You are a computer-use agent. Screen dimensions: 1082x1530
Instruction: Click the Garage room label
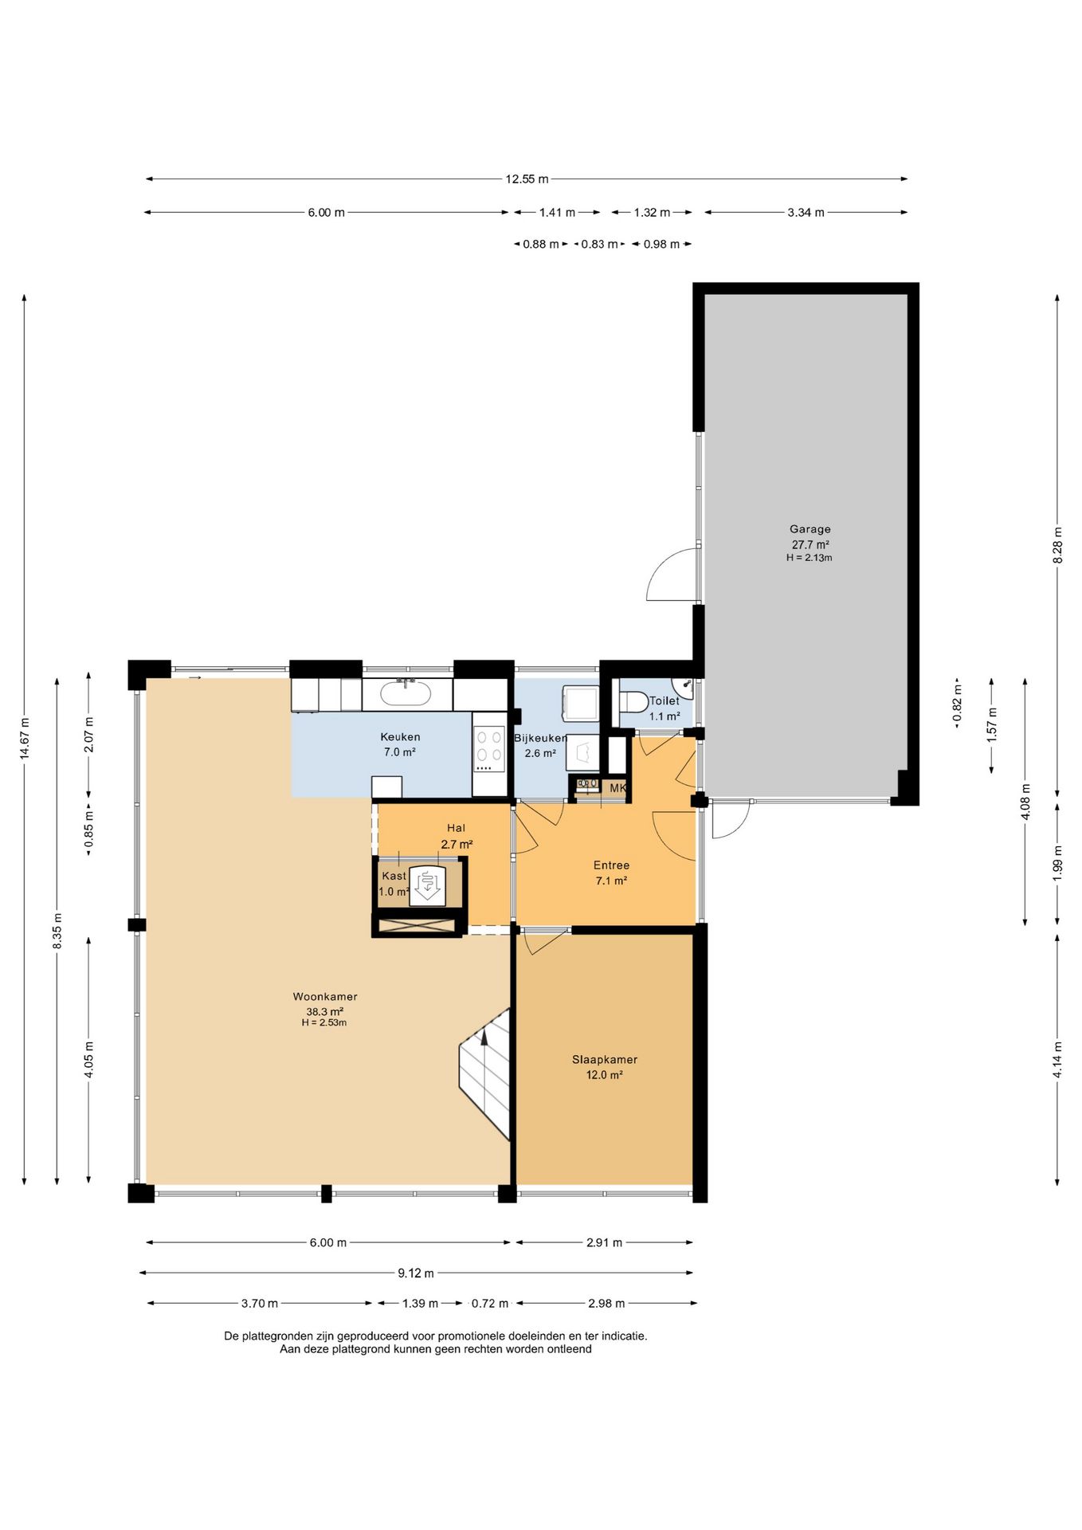(x=810, y=529)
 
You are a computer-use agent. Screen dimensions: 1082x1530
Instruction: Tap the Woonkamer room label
(x=325, y=997)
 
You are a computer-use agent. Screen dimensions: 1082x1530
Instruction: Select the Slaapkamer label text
(x=605, y=1060)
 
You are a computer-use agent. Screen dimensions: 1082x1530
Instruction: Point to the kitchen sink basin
(x=406, y=692)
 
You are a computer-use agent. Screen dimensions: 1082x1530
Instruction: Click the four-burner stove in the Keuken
(x=489, y=750)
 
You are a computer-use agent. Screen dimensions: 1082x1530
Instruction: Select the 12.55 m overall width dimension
(x=527, y=179)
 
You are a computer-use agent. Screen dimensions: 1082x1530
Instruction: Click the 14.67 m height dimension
(x=25, y=739)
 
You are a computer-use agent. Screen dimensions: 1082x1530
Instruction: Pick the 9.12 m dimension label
(x=416, y=1273)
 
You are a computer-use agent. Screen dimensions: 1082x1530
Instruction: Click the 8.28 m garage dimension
(x=1057, y=546)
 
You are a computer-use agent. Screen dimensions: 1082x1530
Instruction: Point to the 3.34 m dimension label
(x=806, y=213)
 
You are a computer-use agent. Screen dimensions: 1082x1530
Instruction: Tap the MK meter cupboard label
(x=618, y=788)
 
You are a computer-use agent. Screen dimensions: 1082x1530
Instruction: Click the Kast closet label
(x=394, y=876)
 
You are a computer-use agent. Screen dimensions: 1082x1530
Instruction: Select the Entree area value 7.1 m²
(x=611, y=881)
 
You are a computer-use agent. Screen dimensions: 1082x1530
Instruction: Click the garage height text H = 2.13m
(x=810, y=558)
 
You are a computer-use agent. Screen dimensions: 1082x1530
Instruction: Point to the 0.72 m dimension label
(x=489, y=1304)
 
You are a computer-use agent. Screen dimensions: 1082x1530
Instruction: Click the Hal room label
(x=456, y=829)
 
